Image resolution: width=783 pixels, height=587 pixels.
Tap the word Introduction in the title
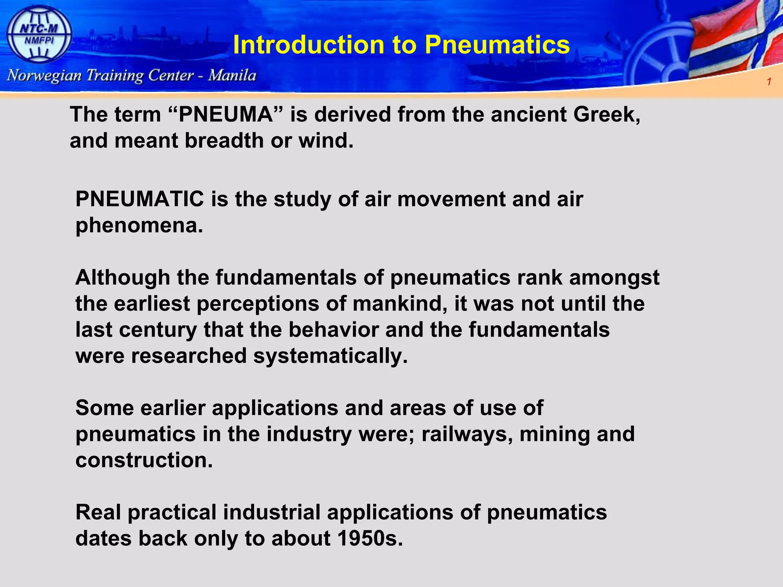[x=308, y=45]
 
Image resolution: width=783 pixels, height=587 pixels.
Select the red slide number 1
[x=769, y=81]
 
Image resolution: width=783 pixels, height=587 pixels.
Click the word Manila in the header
[x=232, y=75]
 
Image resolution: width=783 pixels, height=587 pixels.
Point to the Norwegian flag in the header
[x=738, y=42]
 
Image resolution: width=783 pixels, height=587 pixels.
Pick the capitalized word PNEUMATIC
[x=140, y=199]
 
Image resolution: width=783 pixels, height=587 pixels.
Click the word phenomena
[x=139, y=225]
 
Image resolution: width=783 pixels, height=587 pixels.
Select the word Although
[x=122, y=277]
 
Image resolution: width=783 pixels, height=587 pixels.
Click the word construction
[x=144, y=460]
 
